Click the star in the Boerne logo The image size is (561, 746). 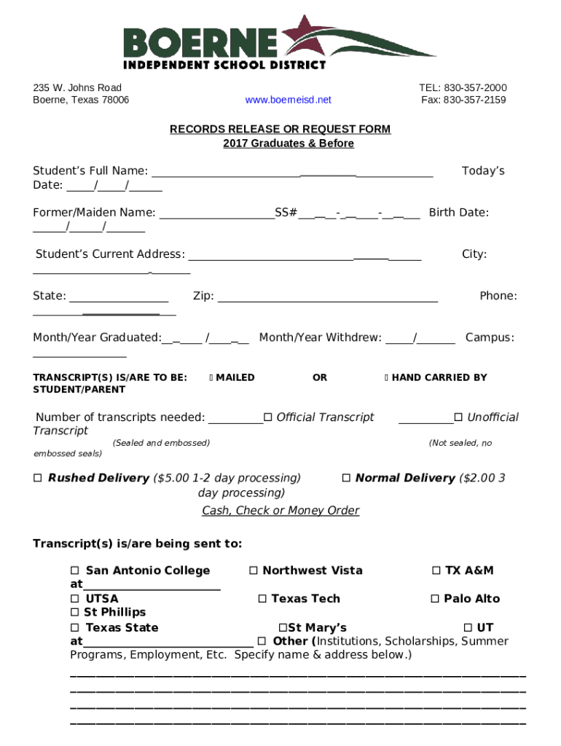click(301, 36)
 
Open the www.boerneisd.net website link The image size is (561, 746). click(288, 100)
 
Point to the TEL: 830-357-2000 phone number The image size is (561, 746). click(463, 87)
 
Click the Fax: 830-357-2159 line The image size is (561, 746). click(463, 100)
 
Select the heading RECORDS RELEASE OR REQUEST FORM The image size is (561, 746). click(280, 129)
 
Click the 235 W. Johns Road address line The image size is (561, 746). click(77, 87)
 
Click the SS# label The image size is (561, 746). click(286, 213)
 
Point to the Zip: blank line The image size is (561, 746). click(328, 297)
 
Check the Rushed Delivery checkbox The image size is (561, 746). click(38, 479)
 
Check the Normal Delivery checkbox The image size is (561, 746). click(346, 479)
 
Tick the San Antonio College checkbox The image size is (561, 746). click(74, 570)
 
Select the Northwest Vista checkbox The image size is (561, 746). click(253, 570)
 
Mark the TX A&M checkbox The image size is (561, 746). click(436, 570)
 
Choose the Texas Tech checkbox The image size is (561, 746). click(262, 599)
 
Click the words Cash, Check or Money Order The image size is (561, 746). click(280, 511)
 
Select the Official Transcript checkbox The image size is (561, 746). click(267, 417)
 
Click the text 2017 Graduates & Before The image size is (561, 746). click(288, 144)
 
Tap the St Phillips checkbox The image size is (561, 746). click(74, 613)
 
